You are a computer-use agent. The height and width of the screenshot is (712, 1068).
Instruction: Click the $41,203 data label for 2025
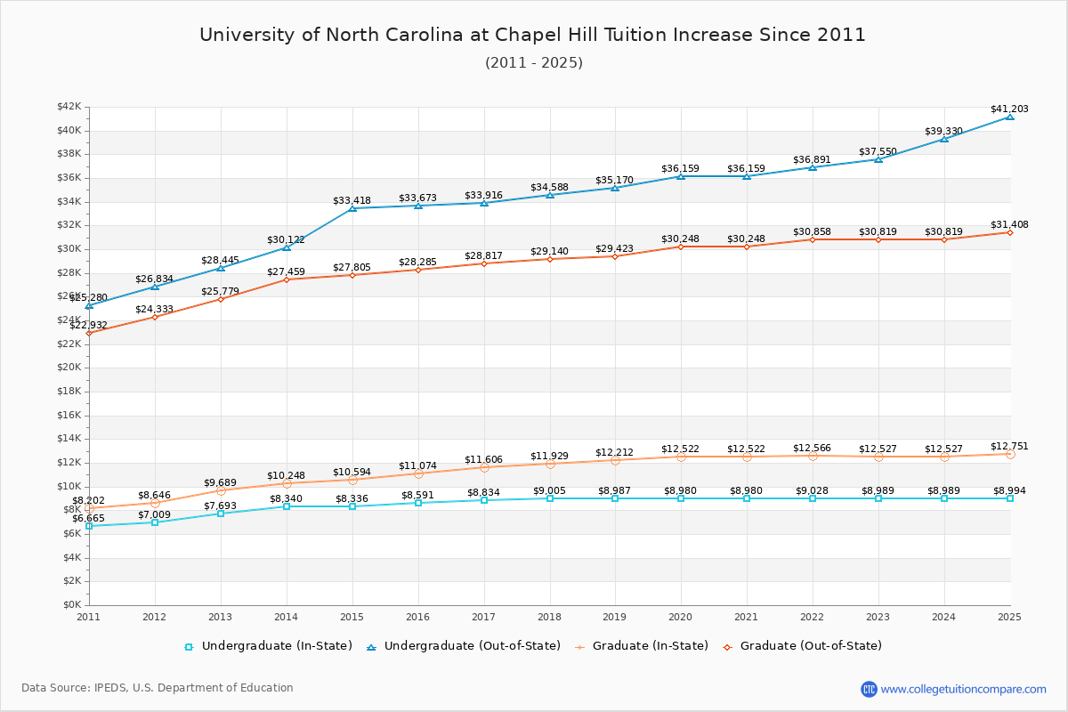click(1009, 109)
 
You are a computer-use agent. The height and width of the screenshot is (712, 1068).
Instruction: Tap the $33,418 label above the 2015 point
click(352, 201)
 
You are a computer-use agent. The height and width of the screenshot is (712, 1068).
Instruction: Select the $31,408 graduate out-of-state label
click(1009, 225)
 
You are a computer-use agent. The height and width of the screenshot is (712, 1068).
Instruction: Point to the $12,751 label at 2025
click(1009, 447)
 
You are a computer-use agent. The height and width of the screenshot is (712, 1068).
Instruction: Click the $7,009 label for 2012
click(154, 515)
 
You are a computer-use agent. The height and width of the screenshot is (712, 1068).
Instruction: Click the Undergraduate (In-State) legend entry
click(268, 646)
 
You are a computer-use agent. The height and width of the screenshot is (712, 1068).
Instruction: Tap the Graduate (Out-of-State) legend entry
click(802, 646)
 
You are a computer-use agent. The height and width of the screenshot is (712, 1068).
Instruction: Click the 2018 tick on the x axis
click(549, 617)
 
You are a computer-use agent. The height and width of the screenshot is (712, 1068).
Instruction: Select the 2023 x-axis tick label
click(878, 617)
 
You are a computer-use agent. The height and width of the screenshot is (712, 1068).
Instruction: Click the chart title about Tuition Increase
click(532, 35)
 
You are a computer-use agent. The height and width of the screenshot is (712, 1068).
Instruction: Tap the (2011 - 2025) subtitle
click(533, 63)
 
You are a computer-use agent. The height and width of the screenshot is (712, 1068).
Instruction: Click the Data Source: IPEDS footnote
click(158, 688)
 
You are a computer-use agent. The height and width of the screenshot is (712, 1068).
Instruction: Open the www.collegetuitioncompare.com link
click(963, 689)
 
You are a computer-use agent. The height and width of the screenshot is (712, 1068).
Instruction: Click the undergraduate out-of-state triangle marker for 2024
click(944, 139)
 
